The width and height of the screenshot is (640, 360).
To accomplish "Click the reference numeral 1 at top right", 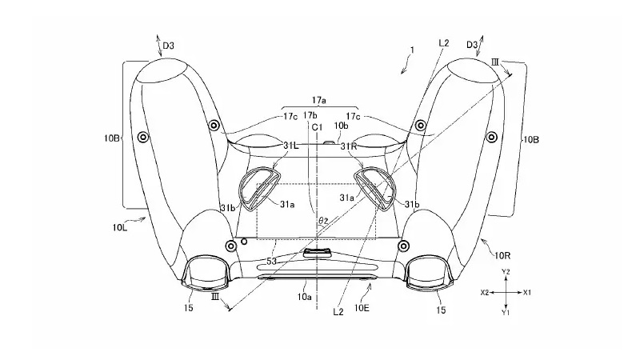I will pyautogui.click(x=411, y=50).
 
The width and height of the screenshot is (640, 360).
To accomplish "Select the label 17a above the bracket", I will pyautogui.click(x=318, y=101).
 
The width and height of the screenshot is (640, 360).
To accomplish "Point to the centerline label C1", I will pyautogui.click(x=318, y=126).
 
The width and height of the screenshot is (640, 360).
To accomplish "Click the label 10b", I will pyautogui.click(x=341, y=126).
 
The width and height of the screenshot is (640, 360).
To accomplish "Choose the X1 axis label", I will pyautogui.click(x=528, y=294).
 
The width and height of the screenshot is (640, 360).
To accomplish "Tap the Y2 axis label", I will pyautogui.click(x=506, y=273).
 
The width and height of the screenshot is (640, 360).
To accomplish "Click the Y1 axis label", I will pyautogui.click(x=506, y=313).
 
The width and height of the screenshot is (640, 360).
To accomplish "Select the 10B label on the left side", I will pyautogui.click(x=113, y=138).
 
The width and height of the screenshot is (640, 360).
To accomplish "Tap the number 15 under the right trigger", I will pyautogui.click(x=441, y=308).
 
